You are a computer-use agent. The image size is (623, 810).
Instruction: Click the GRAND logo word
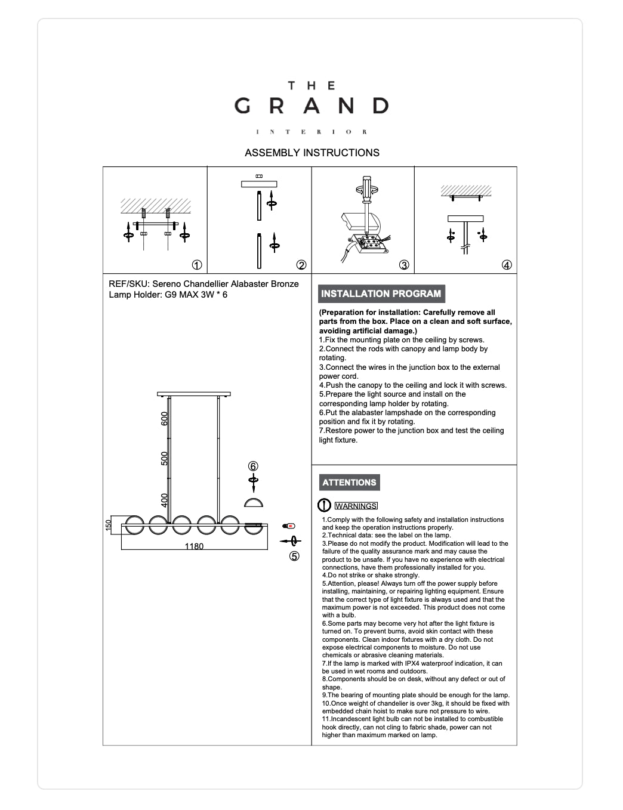coord(311,106)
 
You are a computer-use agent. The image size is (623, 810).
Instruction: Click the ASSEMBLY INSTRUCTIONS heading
coord(311,153)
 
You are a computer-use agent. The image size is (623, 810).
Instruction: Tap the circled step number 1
coord(196,265)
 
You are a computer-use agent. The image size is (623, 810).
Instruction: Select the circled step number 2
coord(301,265)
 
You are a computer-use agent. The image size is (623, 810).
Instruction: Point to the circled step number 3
coord(404,265)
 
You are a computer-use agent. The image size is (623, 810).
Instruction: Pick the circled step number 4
coord(507,265)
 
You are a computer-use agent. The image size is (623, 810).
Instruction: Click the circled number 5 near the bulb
coord(294,557)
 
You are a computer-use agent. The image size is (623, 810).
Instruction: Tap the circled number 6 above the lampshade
coord(253,466)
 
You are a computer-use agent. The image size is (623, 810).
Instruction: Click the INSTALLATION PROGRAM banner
coord(381,293)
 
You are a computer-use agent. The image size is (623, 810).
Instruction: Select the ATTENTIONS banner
coord(349,483)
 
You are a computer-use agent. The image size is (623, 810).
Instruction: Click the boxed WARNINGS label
coord(356,506)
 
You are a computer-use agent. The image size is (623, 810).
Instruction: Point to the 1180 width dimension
coord(194,546)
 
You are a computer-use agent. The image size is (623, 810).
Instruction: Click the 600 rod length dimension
coord(165,419)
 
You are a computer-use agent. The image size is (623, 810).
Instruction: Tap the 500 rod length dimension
coord(165,458)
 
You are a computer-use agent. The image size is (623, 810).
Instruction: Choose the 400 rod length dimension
coord(165,499)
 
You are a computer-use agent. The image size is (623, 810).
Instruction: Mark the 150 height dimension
coord(109,525)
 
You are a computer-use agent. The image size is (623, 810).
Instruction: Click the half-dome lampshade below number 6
coord(254,503)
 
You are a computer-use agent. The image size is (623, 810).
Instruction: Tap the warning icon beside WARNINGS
coord(324,506)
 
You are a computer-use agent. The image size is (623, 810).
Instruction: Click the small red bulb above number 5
coord(289,526)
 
